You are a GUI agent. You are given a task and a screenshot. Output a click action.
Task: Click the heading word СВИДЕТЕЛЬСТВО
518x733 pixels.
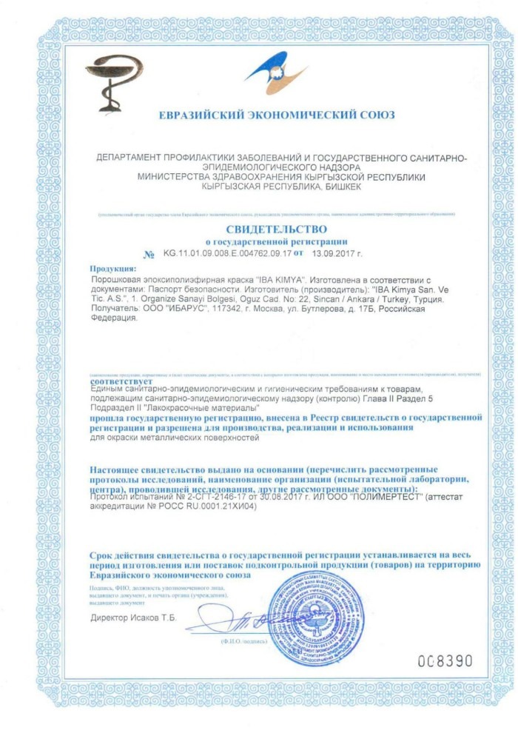click(x=275, y=230)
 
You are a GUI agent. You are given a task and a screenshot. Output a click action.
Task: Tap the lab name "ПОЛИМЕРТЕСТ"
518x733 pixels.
click(x=383, y=498)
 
